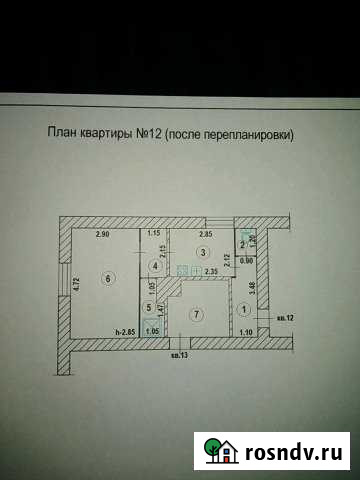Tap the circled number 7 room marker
pos(197,314)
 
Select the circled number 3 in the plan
pos(202,251)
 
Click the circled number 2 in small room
pos(242,243)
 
